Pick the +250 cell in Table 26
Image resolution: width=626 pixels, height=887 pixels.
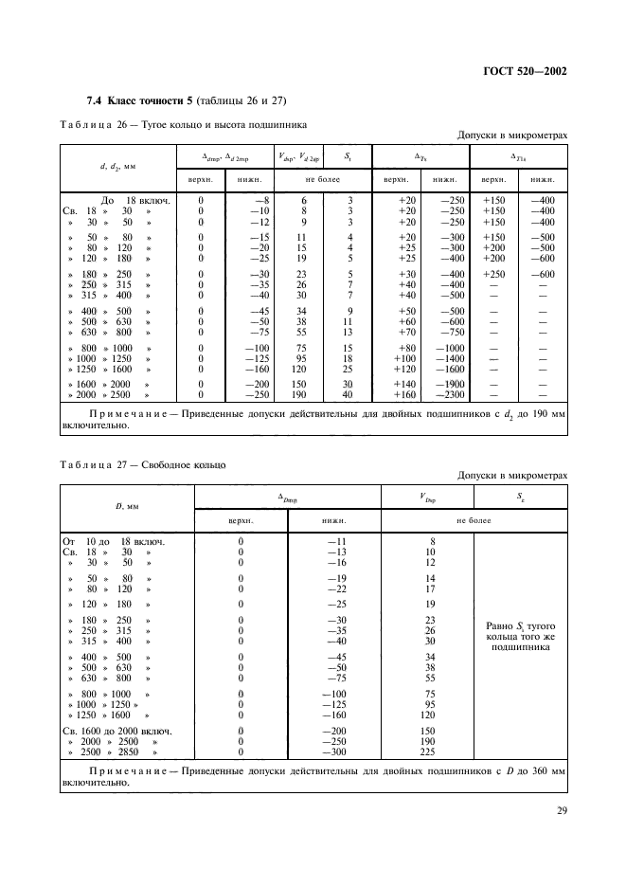click(x=493, y=273)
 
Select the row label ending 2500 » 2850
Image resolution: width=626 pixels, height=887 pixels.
click(x=112, y=751)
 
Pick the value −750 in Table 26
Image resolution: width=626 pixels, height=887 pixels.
click(x=444, y=332)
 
